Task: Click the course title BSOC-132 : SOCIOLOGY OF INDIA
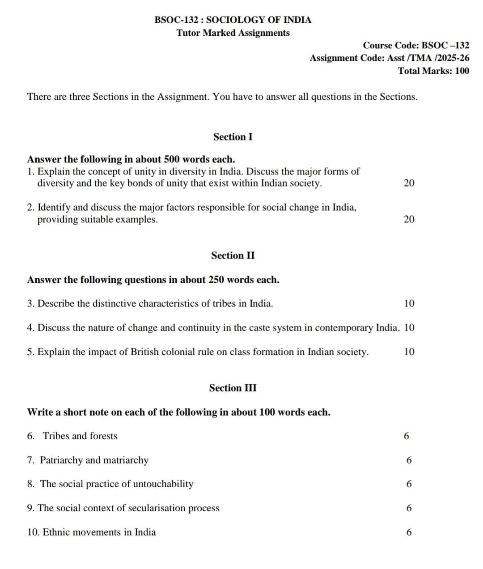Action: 233,20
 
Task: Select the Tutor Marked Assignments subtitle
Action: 233,33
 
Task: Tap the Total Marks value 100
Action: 462,71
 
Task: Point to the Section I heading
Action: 233,137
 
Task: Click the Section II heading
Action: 233,255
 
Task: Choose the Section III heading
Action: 233,388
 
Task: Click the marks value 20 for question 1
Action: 409,183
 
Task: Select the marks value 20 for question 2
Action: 409,219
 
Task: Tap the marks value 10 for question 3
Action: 409,303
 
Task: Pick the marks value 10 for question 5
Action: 409,352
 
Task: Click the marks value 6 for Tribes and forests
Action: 406,436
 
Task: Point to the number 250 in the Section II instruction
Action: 216,280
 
